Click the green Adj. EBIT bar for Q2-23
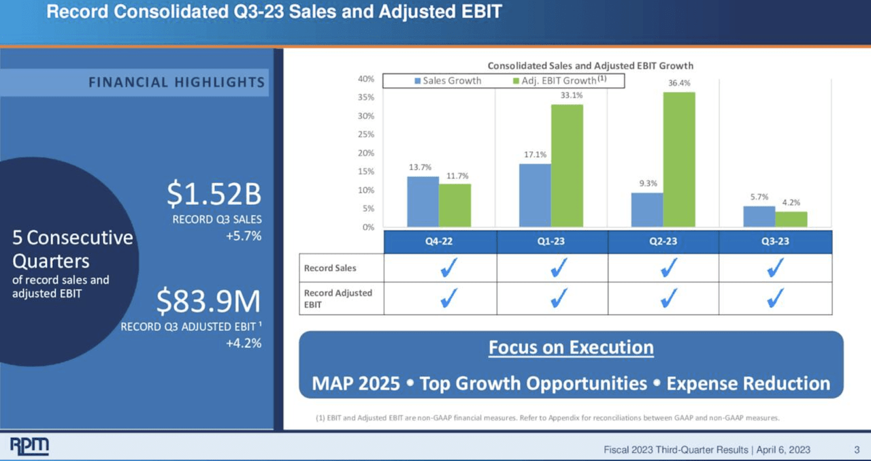click(679, 159)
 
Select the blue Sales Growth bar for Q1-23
click(535, 195)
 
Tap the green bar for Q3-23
click(791, 219)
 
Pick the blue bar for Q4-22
click(423, 202)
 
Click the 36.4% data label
click(679, 84)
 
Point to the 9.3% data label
click(647, 183)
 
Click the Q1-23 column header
click(552, 242)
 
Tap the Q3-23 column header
click(775, 242)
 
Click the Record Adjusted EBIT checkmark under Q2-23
click(669, 298)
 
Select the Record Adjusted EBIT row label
click(338, 298)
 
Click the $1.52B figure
click(214, 195)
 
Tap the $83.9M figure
click(208, 302)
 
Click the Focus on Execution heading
click(571, 347)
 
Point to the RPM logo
click(29, 446)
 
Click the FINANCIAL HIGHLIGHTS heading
click(176, 82)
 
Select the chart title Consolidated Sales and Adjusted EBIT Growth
click(590, 65)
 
